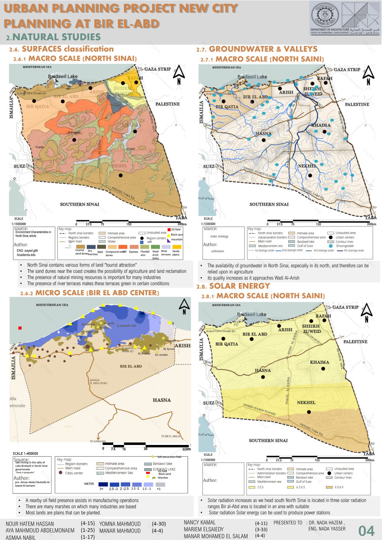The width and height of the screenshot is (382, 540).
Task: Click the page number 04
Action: pyautogui.click(x=366, y=530)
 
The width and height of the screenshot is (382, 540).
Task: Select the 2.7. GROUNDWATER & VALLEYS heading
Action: pyautogui.click(x=257, y=49)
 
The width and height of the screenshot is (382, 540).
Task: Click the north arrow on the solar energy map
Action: pyautogui.click(x=368, y=309)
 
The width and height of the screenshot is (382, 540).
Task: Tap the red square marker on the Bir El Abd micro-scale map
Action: pyautogui.click(x=20, y=328)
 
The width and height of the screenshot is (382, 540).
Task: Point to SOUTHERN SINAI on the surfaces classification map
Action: pyautogui.click(x=79, y=204)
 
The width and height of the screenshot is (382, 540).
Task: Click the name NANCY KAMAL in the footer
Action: pyautogui.click(x=200, y=522)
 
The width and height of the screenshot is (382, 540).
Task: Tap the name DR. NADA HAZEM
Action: pyautogui.click(x=326, y=522)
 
